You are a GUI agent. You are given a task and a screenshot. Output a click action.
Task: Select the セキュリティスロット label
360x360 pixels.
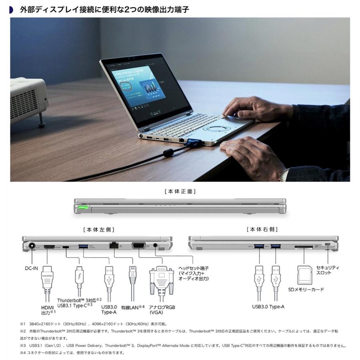click(x=328, y=270)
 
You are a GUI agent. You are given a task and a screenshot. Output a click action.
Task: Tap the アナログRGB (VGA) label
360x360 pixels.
click(x=162, y=310)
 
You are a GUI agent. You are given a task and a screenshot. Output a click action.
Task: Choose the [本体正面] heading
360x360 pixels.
click(x=180, y=192)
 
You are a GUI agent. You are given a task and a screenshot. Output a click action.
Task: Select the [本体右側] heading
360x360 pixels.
click(x=262, y=230)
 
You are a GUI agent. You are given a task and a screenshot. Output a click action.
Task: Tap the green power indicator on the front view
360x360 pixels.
click(x=84, y=208)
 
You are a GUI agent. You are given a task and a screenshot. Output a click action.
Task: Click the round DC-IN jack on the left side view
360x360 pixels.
click(x=30, y=247)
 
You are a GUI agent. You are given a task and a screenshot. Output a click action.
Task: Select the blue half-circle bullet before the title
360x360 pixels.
click(x=11, y=9)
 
